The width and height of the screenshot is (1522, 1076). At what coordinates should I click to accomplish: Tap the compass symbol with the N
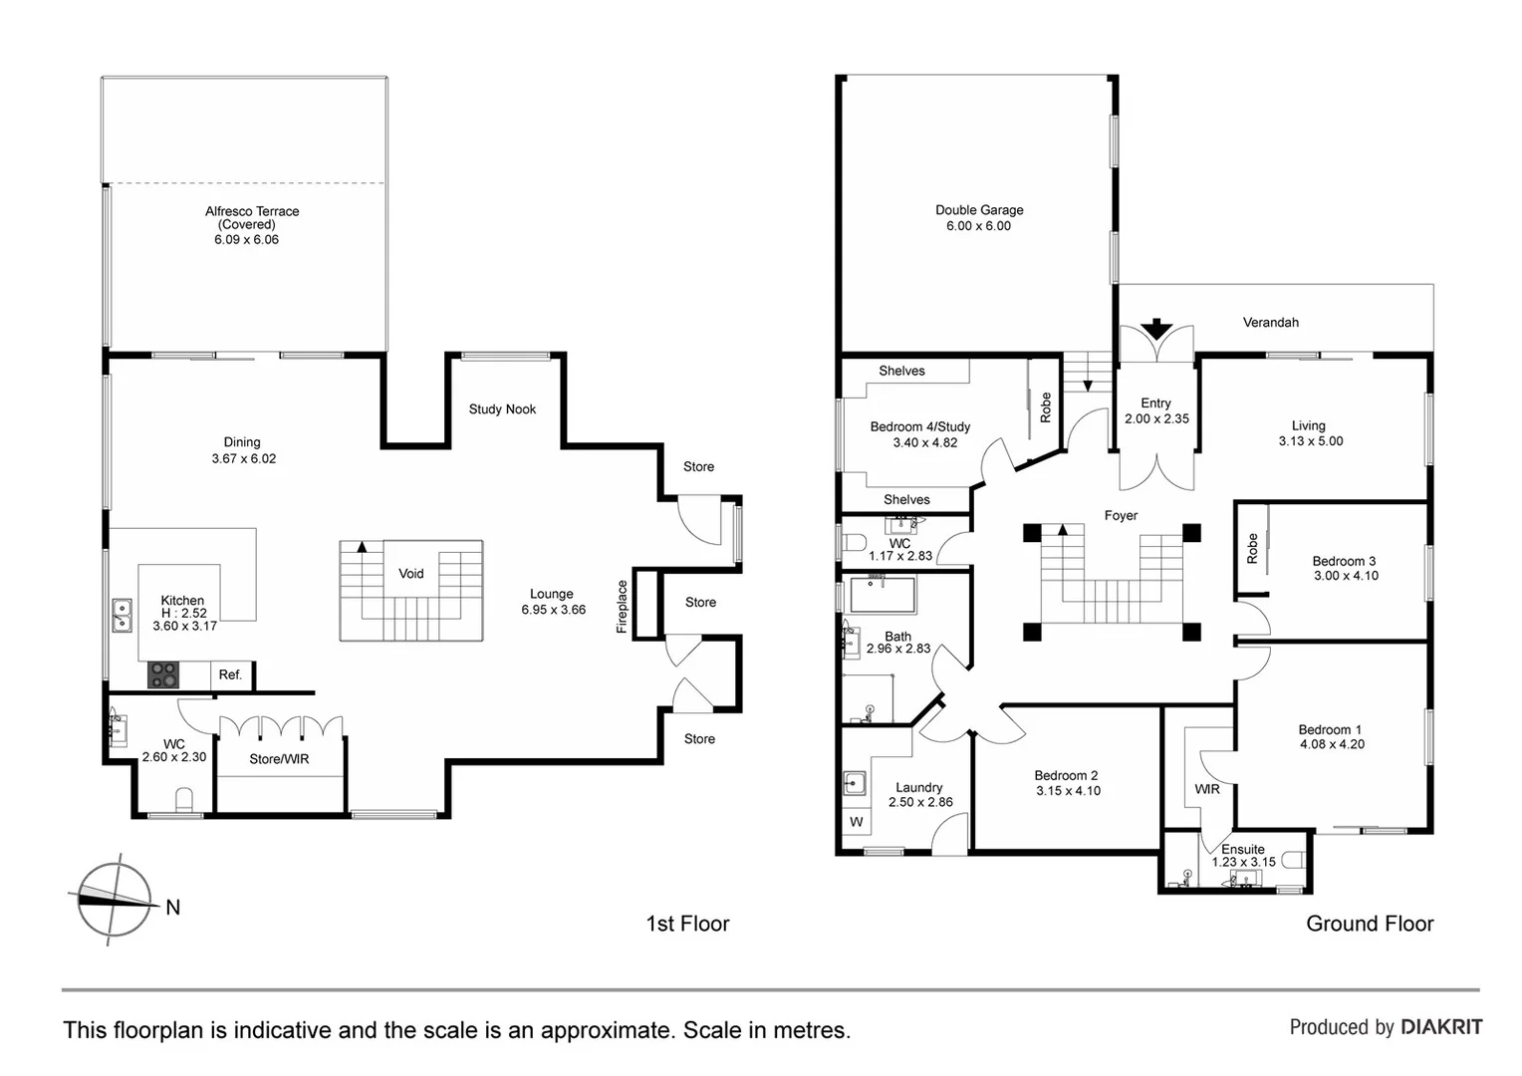116,899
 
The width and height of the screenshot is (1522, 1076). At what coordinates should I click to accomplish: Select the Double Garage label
979,210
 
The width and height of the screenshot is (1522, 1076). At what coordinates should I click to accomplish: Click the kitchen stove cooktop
163,674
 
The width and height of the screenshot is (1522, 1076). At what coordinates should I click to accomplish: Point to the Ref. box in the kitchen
230,674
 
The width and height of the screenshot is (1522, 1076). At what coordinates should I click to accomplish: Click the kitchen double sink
122,616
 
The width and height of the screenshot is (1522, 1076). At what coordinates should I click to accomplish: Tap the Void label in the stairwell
411,573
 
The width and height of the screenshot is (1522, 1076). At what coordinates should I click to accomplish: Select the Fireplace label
623,607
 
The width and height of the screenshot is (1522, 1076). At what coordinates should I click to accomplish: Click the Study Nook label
502,409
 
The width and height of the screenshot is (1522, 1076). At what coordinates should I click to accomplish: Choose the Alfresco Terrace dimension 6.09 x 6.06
246,240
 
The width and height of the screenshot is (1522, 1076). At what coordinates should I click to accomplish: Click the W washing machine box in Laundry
856,822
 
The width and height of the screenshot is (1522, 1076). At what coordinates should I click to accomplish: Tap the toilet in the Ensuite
1292,859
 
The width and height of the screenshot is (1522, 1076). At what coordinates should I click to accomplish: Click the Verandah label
1270,323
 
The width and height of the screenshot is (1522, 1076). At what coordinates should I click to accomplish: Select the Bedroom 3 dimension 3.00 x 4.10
1345,576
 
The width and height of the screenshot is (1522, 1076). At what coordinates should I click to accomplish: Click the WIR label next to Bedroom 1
1206,789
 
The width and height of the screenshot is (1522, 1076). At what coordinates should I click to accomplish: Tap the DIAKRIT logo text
1441,1027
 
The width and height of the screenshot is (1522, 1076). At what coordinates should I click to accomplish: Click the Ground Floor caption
1370,924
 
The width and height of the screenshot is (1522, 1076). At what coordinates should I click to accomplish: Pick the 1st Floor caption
687,924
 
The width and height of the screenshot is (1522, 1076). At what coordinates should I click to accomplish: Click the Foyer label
1121,516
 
